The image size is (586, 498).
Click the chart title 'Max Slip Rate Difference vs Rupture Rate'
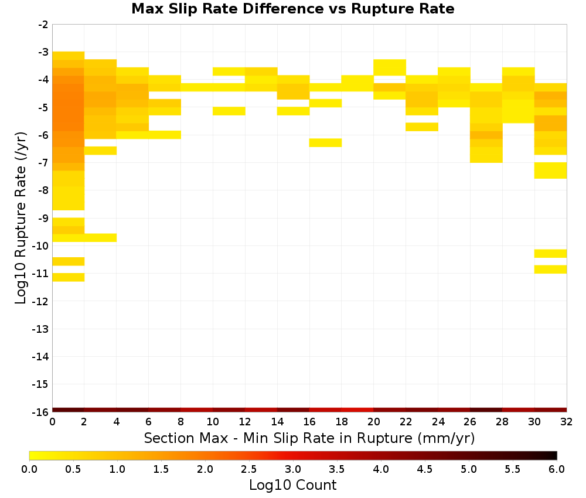tap(292, 9)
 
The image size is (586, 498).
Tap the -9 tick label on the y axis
tap(43, 218)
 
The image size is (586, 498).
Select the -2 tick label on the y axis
tap(43, 25)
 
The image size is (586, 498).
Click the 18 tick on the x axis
tap(342, 412)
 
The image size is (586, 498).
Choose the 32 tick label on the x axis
tap(567, 422)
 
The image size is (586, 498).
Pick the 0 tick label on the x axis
tap(52, 422)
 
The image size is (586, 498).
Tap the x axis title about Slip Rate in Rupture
tap(309, 438)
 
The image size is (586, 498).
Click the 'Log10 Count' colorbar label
tap(292, 485)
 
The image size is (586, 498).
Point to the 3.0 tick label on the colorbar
tap(293, 469)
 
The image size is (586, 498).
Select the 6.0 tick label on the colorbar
tap(557, 469)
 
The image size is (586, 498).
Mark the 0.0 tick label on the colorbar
tap(29, 469)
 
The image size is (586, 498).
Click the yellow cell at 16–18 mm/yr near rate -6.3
tap(325, 143)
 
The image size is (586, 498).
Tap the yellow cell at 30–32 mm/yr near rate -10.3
tap(550, 253)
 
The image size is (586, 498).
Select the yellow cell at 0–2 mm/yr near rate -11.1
tap(69, 277)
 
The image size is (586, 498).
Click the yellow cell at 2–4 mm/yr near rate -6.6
tap(101, 151)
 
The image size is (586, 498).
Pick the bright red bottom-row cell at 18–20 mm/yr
tap(357, 410)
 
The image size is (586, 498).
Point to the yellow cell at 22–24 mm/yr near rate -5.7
tap(422, 127)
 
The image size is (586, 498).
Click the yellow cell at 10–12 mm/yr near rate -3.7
tap(229, 71)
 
